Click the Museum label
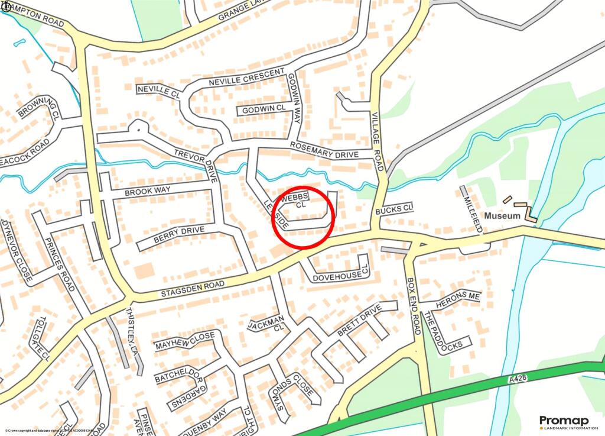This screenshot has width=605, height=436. [502, 216]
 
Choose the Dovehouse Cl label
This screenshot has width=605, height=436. [339, 275]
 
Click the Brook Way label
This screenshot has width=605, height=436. [147, 190]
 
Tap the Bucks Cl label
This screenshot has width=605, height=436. [393, 209]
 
